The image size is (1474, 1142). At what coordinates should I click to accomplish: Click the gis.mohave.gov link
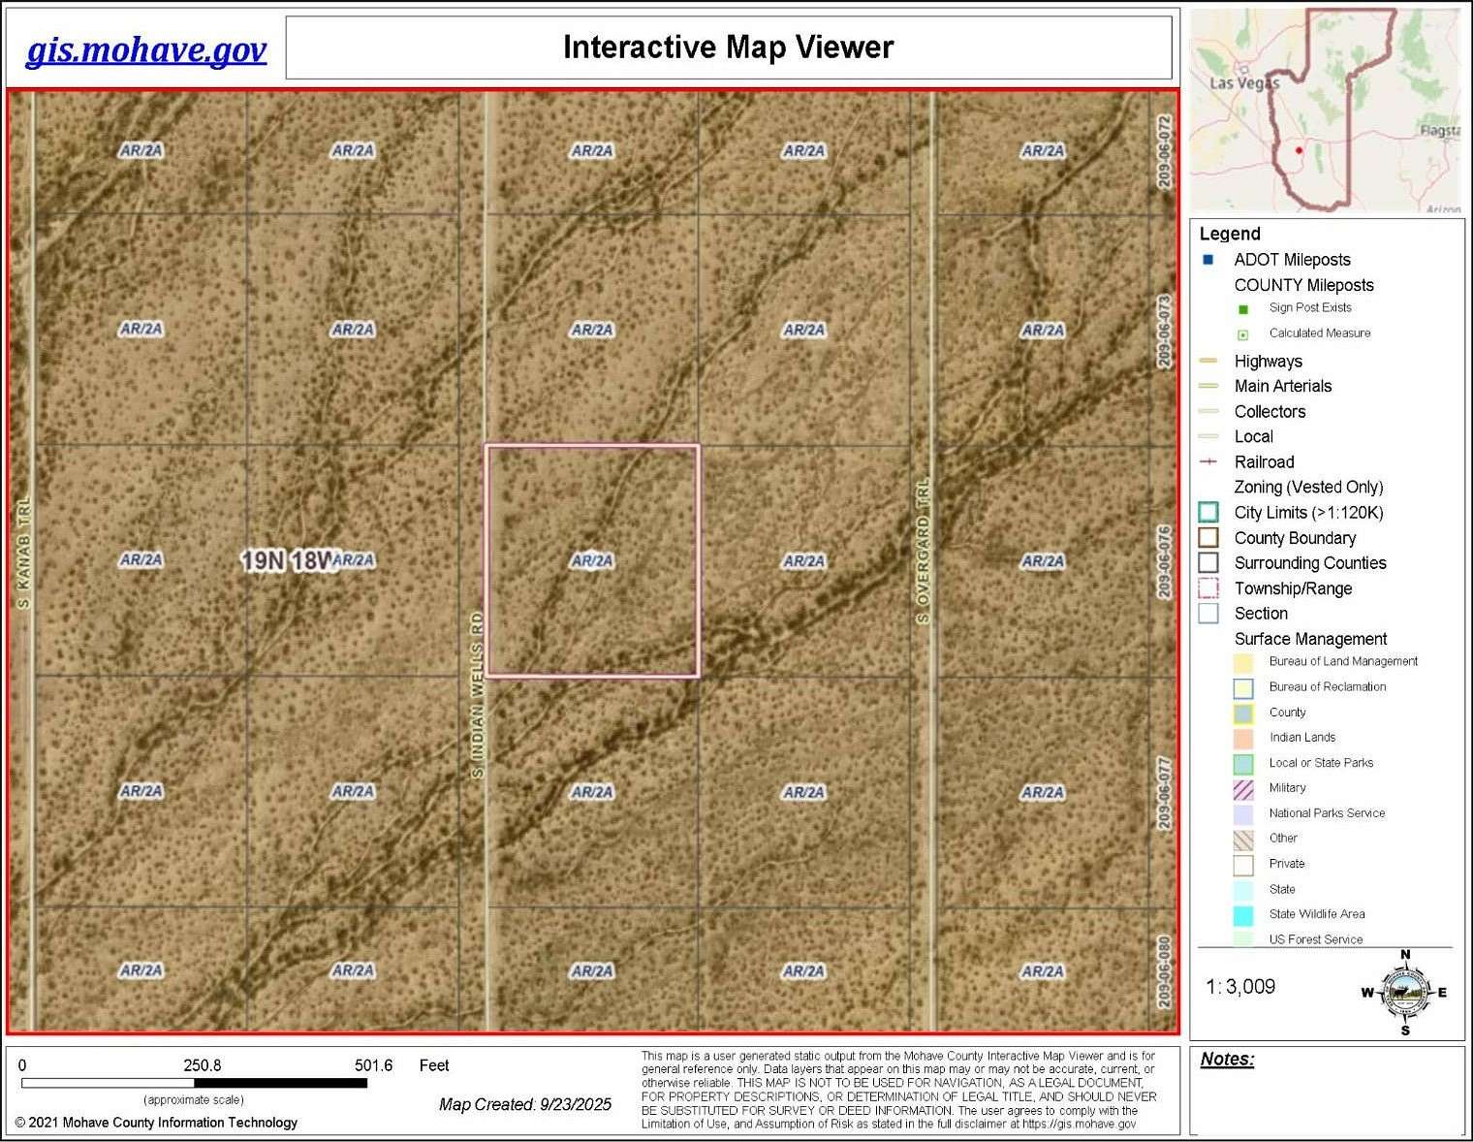tap(145, 49)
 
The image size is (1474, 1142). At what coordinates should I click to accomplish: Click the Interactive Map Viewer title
tap(728, 48)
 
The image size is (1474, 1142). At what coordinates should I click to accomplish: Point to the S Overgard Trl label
tap(923, 551)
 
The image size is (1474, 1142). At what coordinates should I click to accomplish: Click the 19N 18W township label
tap(287, 560)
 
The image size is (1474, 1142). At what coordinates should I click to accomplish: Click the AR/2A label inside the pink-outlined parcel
tap(592, 560)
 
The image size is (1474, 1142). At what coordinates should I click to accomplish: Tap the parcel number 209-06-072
tap(1164, 151)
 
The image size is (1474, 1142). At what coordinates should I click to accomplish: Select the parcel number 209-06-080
tap(1164, 970)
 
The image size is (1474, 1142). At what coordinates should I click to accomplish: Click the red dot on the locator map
tap(1299, 150)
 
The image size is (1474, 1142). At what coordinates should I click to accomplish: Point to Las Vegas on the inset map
tap(1244, 83)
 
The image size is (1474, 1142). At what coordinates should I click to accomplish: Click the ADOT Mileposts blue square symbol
tap(1207, 260)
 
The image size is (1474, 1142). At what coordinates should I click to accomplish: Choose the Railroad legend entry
tap(1264, 462)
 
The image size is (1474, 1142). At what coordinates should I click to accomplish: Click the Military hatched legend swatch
tap(1243, 788)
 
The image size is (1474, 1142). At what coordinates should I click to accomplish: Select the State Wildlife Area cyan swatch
tap(1243, 914)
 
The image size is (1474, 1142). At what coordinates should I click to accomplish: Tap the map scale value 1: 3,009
tap(1240, 987)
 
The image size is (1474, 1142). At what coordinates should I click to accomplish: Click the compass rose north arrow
tap(1405, 992)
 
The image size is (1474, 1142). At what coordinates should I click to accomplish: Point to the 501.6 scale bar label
tap(373, 1065)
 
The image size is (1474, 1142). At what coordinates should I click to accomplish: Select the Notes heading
tap(1227, 1059)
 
